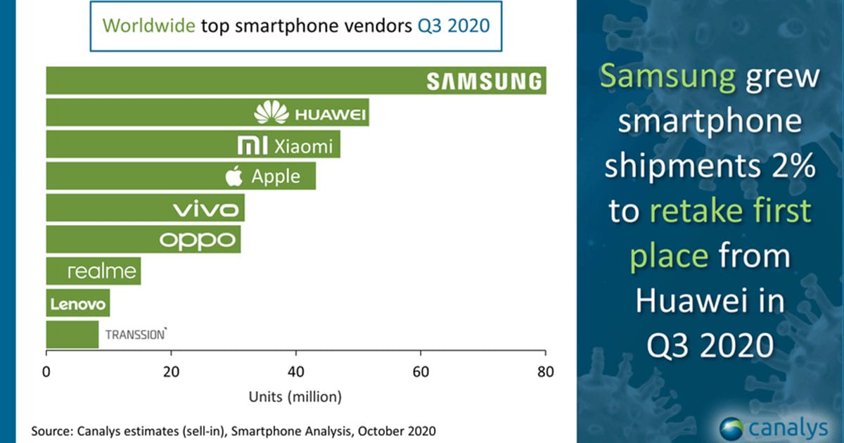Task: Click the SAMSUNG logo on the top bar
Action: click(x=485, y=82)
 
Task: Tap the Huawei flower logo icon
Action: click(x=271, y=113)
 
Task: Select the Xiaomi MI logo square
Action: click(x=248, y=146)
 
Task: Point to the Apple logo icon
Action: click(x=234, y=176)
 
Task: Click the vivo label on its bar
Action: click(x=208, y=209)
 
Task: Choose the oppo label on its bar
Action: click(x=196, y=240)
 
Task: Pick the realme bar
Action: click(x=94, y=271)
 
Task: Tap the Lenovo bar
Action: click(x=78, y=304)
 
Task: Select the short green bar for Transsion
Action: click(x=72, y=335)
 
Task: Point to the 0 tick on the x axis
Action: click(x=46, y=372)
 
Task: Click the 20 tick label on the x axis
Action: click(x=171, y=372)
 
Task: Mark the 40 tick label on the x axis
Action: click(x=296, y=372)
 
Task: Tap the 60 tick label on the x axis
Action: click(x=421, y=372)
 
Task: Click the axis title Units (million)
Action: click(x=295, y=397)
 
